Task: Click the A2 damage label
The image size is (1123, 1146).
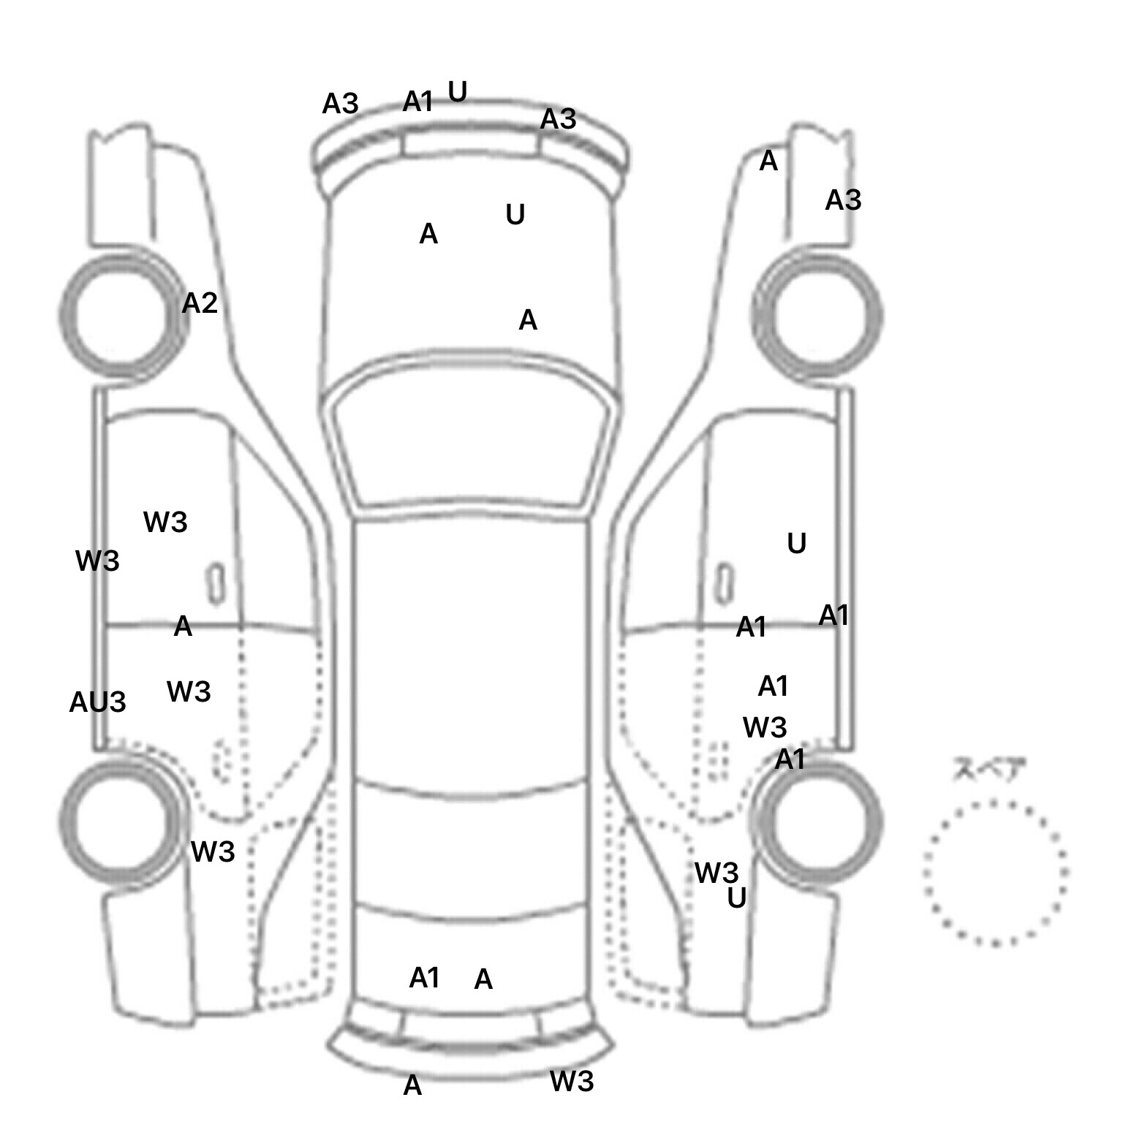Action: click(200, 303)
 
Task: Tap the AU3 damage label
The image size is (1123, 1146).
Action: click(97, 702)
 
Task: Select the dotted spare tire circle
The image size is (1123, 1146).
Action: click(995, 873)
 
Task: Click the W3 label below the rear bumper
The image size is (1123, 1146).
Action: click(572, 1081)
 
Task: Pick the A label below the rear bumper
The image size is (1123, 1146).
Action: click(412, 1086)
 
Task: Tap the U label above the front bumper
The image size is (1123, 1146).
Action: click(458, 91)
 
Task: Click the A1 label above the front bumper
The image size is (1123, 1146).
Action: click(418, 102)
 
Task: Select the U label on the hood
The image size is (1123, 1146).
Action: click(515, 214)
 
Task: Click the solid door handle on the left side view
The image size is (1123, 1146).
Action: click(216, 585)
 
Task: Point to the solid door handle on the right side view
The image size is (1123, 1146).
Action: click(724, 585)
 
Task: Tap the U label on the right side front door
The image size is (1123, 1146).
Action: click(797, 543)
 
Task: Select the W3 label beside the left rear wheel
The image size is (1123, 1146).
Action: click(213, 851)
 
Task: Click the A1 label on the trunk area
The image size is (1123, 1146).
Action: click(424, 977)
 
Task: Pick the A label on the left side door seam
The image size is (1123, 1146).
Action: click(183, 626)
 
